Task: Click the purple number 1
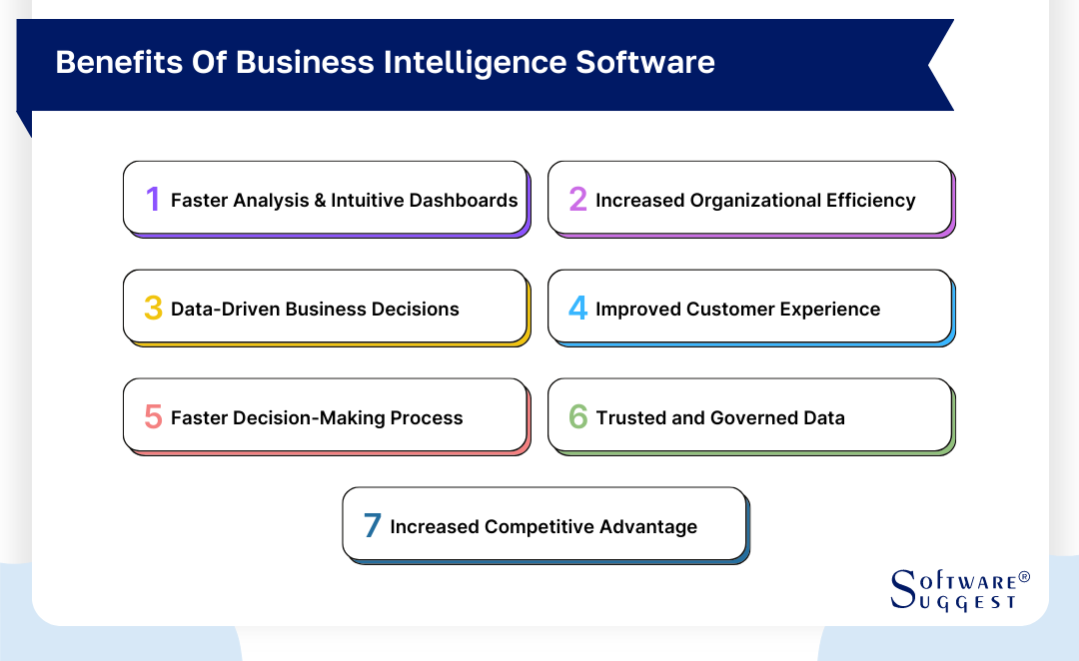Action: (x=153, y=200)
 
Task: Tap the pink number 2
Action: (x=577, y=200)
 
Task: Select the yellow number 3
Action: (x=153, y=309)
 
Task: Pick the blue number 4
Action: (x=577, y=309)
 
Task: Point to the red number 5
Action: (x=153, y=417)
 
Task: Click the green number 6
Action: (x=577, y=417)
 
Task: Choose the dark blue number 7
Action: (x=373, y=526)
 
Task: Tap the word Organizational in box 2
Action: (x=746, y=201)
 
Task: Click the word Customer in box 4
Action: (x=730, y=310)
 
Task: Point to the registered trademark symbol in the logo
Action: (x=1023, y=578)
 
